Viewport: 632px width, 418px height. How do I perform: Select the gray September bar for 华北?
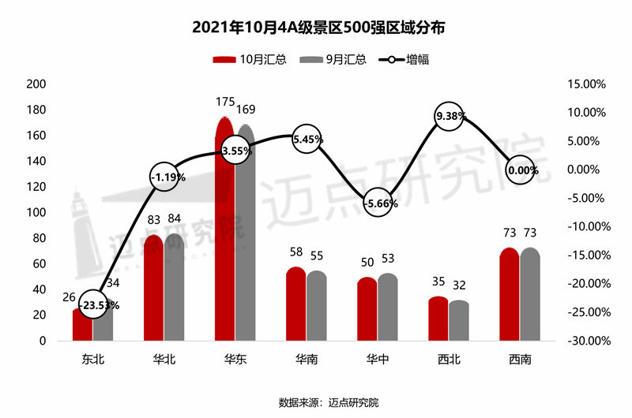tap(174, 288)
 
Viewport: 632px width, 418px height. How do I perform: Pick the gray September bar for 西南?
tap(530, 296)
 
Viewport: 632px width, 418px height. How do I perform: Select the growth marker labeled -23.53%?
tap(93, 304)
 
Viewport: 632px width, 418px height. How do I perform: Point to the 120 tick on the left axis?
tap(36, 187)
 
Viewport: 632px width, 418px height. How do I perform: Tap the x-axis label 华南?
tap(306, 360)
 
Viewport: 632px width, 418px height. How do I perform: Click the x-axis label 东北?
tap(92, 360)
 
